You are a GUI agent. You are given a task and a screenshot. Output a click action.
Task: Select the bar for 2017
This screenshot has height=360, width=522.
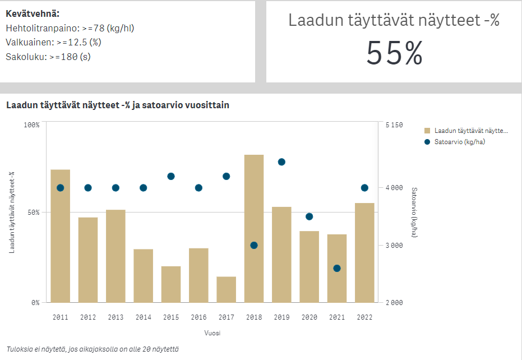point(227,289)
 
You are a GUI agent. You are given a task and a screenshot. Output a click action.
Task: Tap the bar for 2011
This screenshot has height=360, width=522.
point(61,236)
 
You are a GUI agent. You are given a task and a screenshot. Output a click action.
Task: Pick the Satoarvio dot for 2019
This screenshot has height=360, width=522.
point(281,162)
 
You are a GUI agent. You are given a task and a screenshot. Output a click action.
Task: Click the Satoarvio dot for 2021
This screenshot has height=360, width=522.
point(337,268)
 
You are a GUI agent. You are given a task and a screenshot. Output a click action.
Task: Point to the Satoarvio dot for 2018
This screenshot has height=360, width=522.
point(254,245)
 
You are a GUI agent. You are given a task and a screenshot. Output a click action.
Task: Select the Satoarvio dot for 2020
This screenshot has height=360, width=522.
point(309,216)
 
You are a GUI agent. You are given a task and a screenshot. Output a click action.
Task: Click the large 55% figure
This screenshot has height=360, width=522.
point(394,54)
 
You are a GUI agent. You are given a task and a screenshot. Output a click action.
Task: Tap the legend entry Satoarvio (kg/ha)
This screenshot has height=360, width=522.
point(459,142)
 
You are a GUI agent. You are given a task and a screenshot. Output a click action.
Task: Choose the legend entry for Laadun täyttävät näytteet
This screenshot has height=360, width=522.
point(470,131)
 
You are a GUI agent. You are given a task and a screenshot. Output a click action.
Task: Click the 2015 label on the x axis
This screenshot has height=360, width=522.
point(171,317)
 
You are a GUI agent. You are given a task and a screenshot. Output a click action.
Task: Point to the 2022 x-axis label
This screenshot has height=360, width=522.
point(364,317)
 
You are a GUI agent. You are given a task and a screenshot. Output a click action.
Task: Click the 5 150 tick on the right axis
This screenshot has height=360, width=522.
point(394,125)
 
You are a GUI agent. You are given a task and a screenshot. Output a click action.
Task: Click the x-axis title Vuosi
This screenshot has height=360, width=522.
point(213,333)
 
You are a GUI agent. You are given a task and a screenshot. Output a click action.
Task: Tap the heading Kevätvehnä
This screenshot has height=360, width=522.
point(33,13)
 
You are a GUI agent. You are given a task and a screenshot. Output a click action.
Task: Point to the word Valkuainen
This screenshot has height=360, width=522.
point(26,42)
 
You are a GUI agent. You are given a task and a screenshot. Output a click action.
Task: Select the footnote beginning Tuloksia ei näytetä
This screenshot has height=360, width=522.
point(93,349)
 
